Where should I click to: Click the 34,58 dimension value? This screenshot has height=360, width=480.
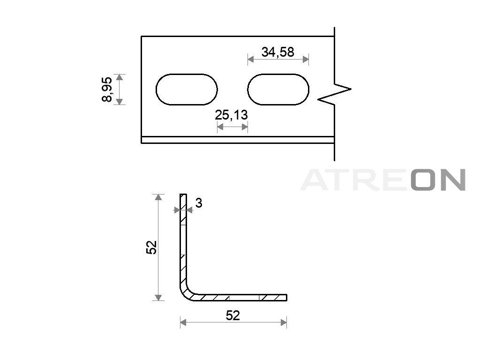click(x=277, y=52)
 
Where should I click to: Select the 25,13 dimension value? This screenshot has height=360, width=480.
click(x=231, y=115)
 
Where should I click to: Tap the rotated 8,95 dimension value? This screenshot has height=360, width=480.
click(x=107, y=90)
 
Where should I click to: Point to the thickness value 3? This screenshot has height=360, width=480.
click(x=199, y=203)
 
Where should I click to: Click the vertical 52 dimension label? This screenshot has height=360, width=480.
click(x=151, y=247)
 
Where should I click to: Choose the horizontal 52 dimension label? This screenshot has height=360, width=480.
click(x=232, y=315)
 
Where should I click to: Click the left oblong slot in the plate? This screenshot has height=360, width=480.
click(x=187, y=90)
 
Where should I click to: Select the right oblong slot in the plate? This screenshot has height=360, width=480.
click(x=278, y=90)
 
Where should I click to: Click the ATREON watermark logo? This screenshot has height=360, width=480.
click(x=383, y=180)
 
